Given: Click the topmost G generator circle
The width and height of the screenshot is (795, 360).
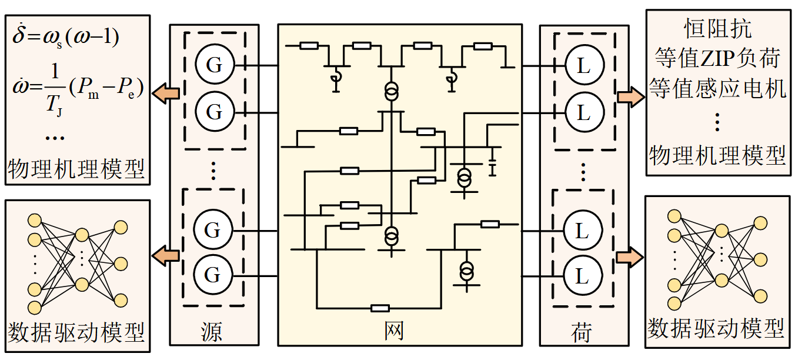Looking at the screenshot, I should (x=215, y=64).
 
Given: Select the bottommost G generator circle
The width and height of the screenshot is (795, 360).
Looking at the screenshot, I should (x=214, y=275).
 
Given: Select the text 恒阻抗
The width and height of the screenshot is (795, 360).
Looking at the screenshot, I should (x=718, y=28).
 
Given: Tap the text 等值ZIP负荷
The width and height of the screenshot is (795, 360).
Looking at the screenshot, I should (x=718, y=58).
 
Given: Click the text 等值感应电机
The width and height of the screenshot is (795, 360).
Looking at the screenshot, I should (x=718, y=89).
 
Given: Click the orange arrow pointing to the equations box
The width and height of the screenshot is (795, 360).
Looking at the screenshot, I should (x=166, y=92).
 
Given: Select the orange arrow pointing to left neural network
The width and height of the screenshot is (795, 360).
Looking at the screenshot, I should (x=166, y=255).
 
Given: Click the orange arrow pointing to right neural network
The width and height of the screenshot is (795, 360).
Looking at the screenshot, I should (x=630, y=258).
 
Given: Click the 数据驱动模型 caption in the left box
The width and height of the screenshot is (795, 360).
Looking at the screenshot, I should (x=76, y=333).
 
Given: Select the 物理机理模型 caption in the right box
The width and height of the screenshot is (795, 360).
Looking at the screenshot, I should (x=718, y=156).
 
